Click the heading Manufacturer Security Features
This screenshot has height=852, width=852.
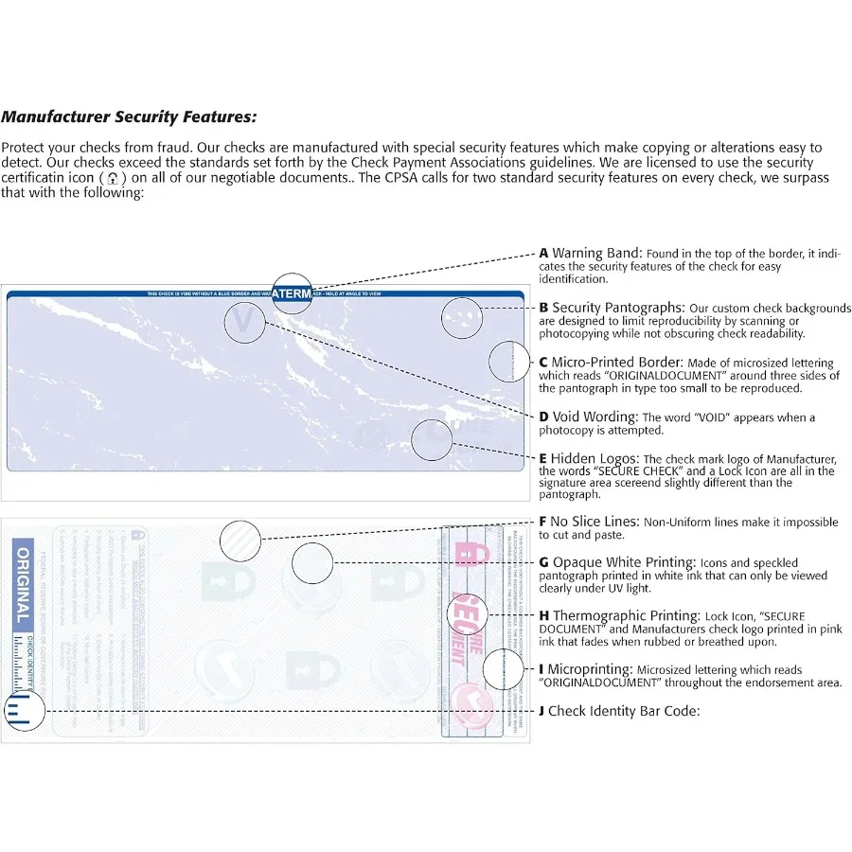(128, 117)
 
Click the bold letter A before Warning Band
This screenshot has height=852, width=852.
(543, 254)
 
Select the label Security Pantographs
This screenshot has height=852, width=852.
(616, 308)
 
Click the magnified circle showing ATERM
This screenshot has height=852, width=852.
(292, 294)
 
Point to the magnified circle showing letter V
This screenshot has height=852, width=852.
(244, 322)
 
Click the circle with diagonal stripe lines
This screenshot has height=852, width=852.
(240, 541)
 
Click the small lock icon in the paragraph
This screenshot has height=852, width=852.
(114, 178)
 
